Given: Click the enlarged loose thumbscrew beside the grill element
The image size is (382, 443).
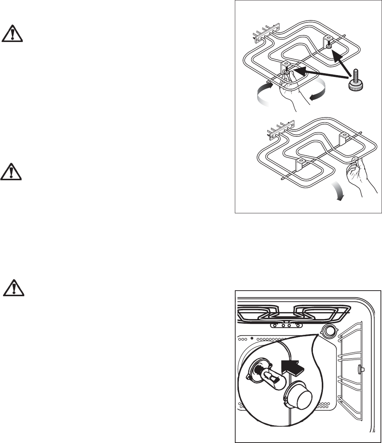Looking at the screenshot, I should (x=352, y=81).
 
